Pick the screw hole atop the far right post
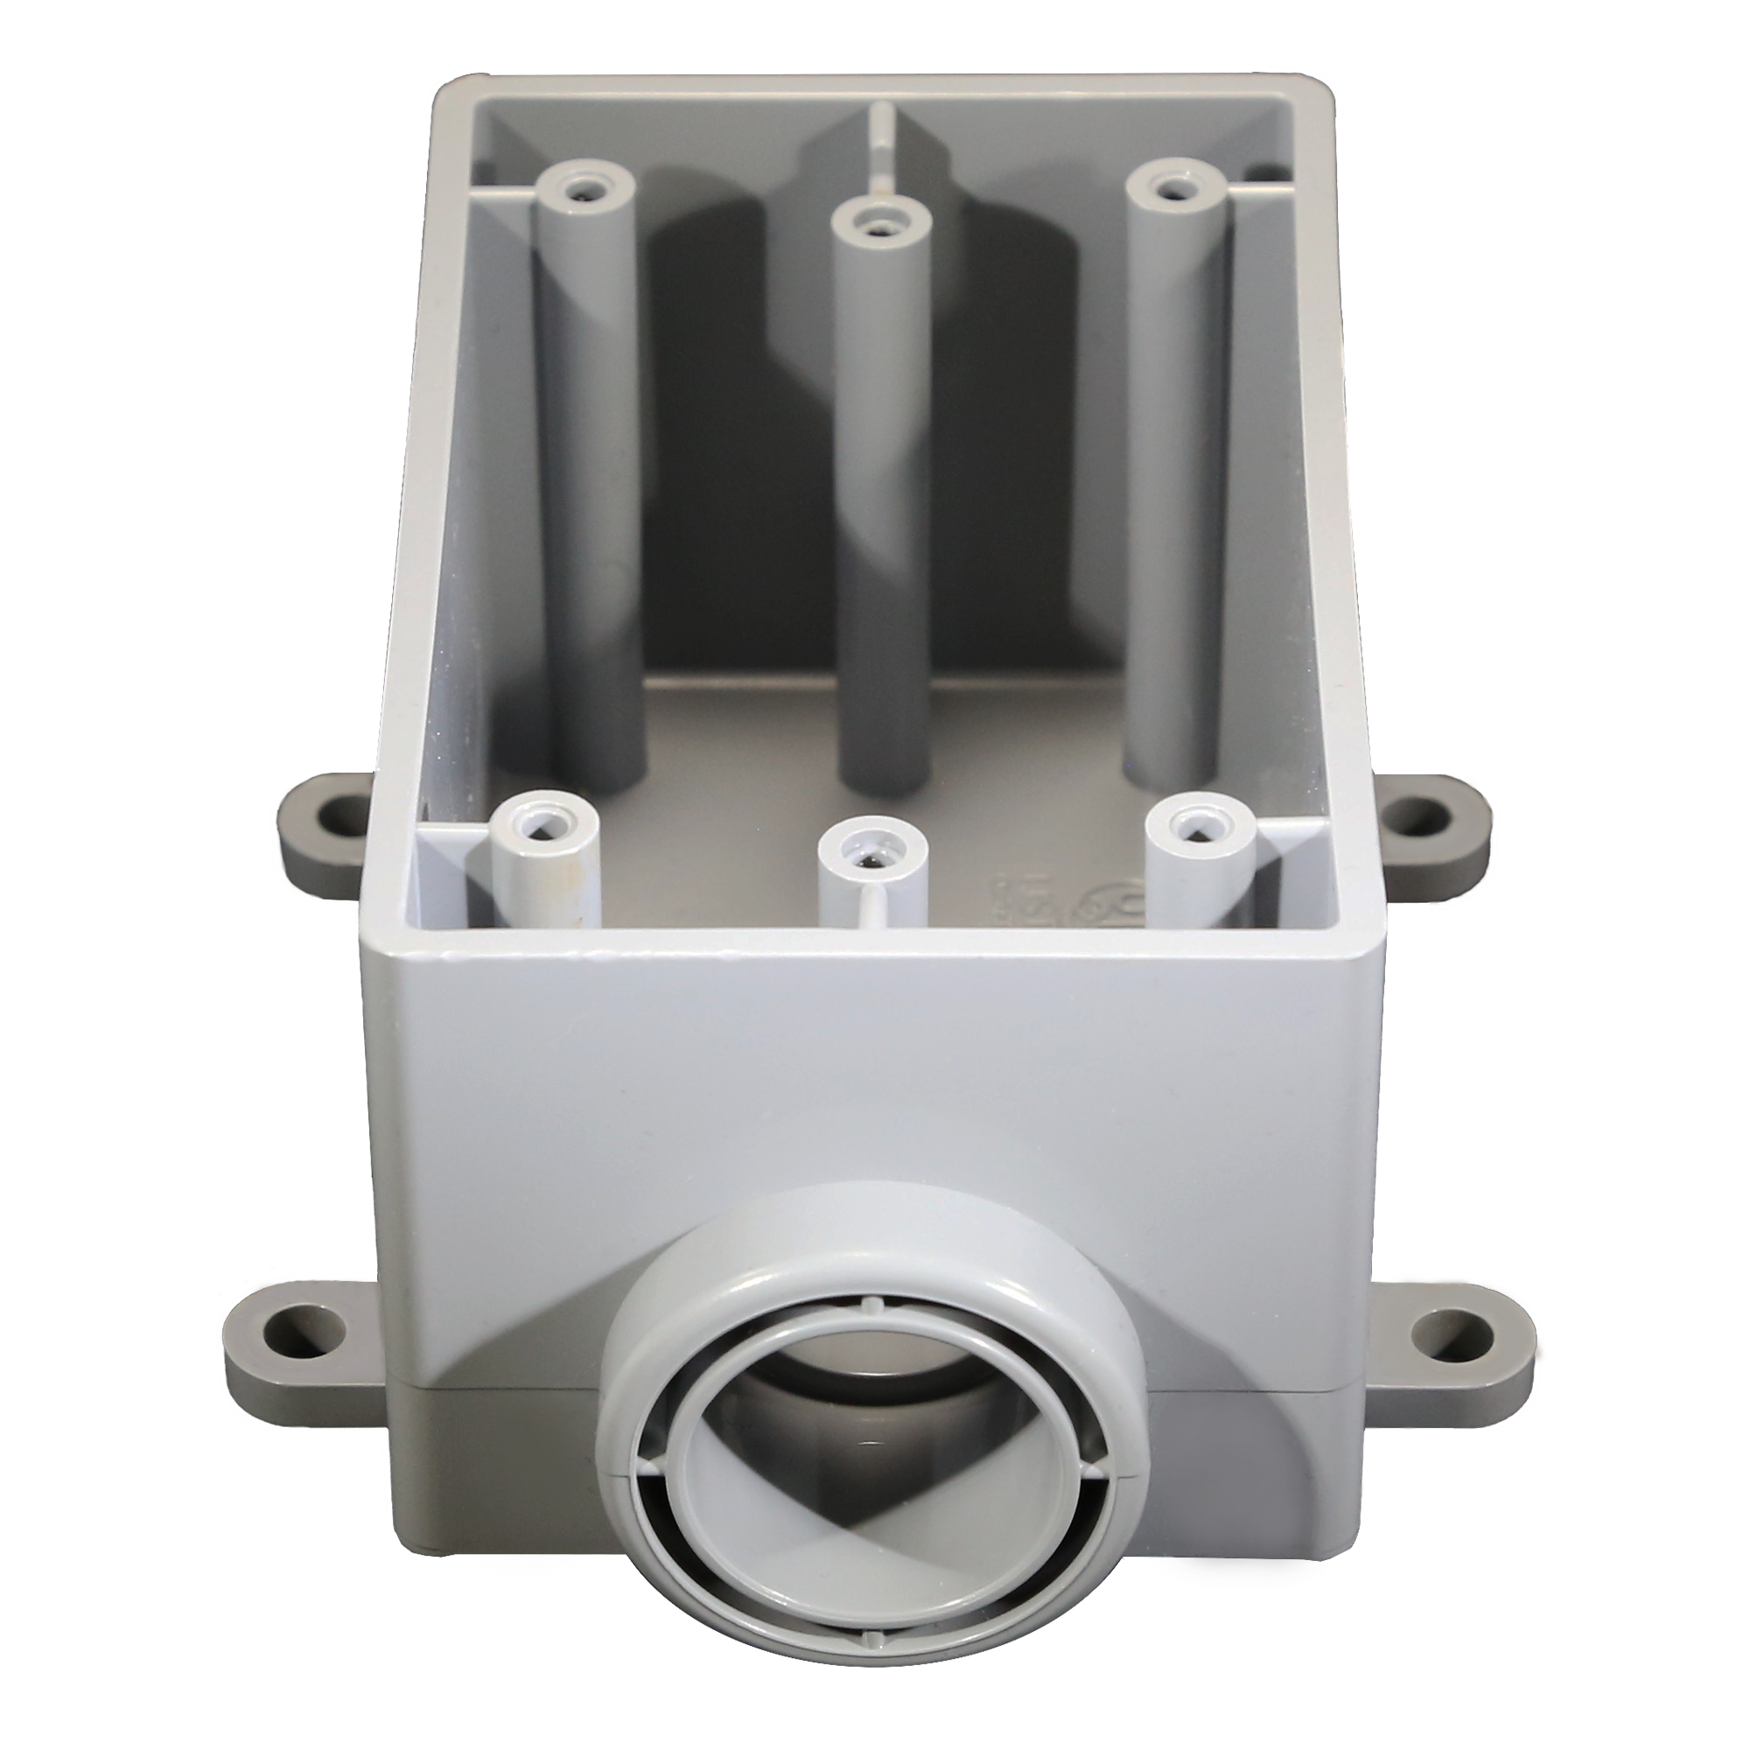pos(1172,189)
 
